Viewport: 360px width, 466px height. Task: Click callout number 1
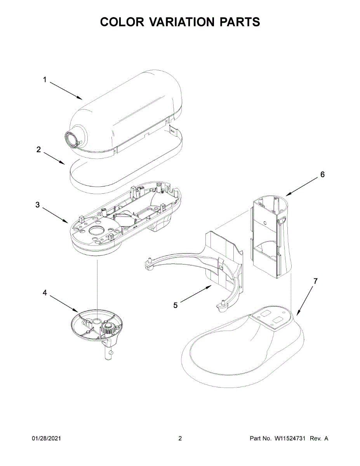pyautogui.click(x=45, y=80)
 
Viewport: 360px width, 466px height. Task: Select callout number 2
pyautogui.click(x=38, y=150)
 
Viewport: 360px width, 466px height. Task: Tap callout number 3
pyautogui.click(x=38, y=205)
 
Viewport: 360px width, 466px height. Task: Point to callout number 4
pyautogui.click(x=45, y=293)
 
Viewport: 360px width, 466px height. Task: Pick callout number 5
pyautogui.click(x=176, y=306)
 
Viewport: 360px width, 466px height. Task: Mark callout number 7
pyautogui.click(x=315, y=281)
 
